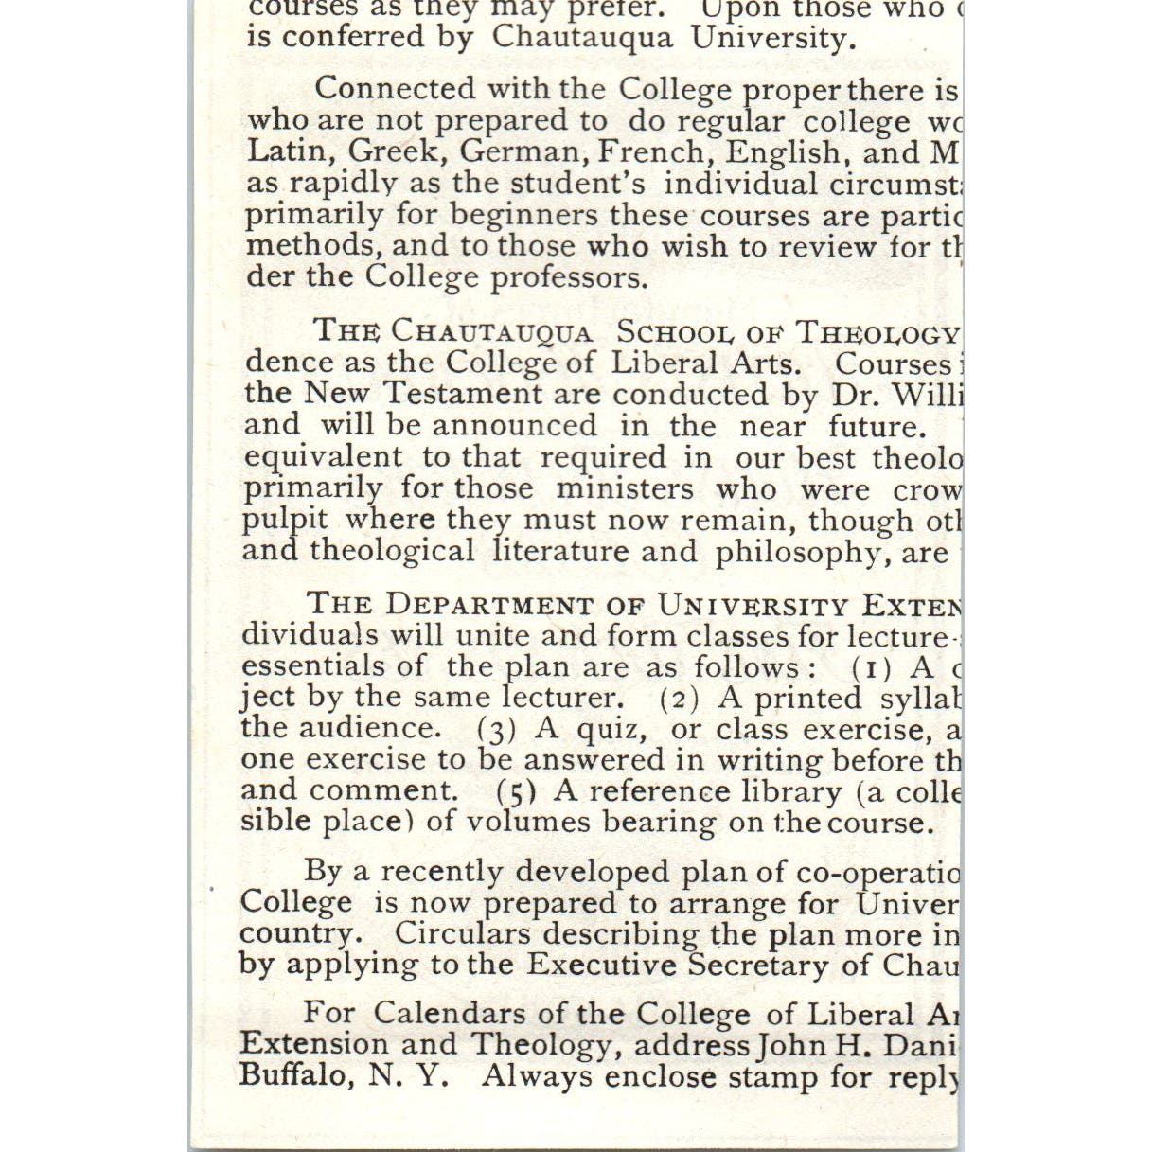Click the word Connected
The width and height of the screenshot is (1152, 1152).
coord(396,89)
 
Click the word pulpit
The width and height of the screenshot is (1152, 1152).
coord(285,520)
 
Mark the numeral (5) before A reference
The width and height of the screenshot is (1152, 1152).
coord(517,791)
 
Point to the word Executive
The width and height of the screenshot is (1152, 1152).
coord(602,965)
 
